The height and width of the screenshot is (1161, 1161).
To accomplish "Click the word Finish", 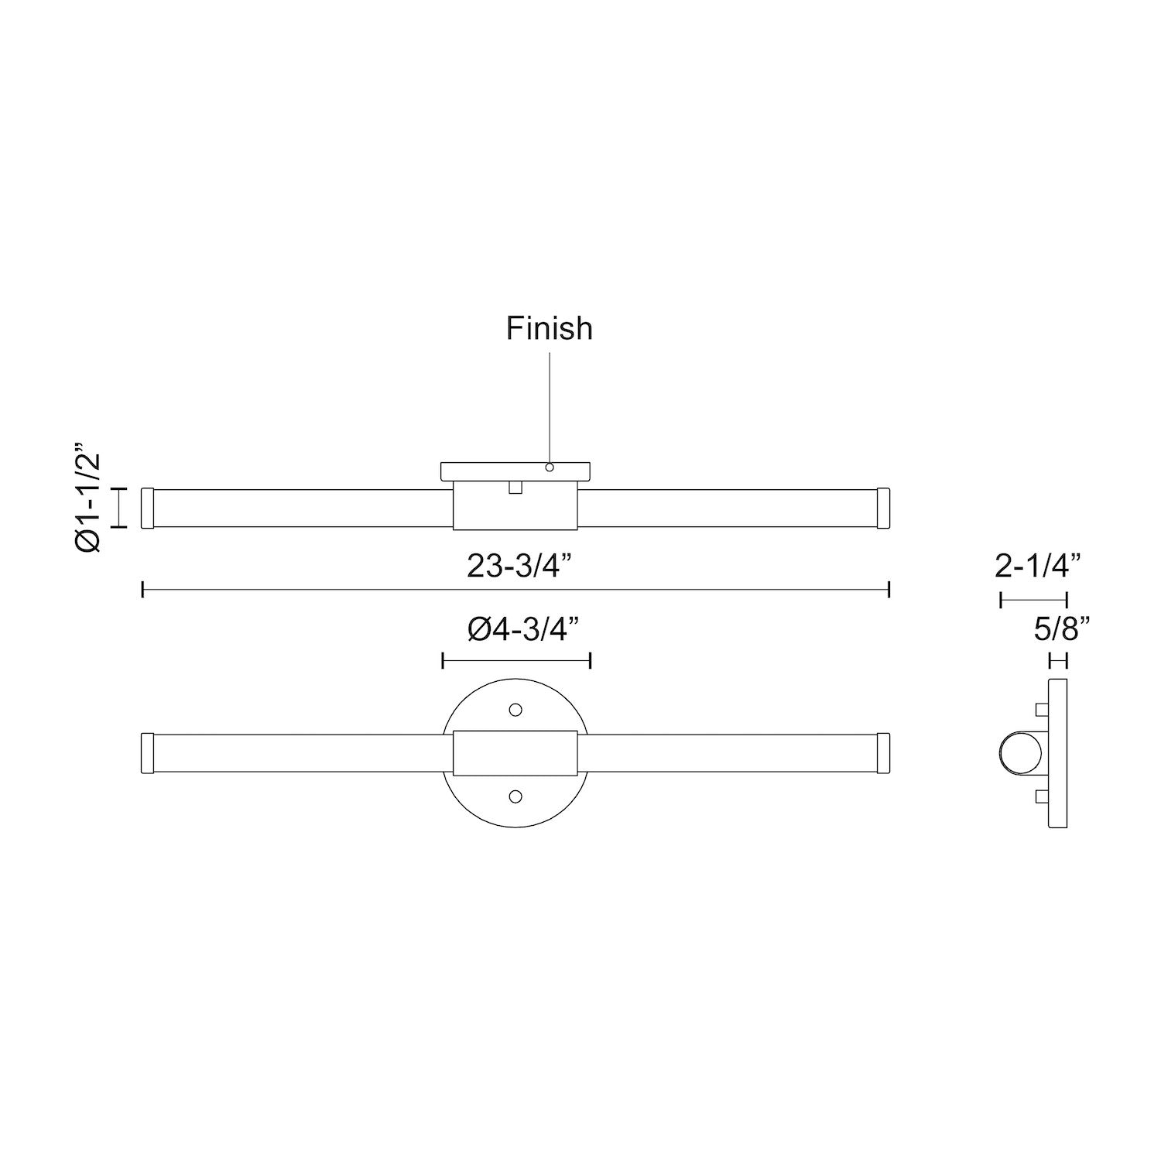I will point(550,328).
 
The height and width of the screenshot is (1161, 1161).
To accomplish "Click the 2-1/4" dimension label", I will point(1037,567).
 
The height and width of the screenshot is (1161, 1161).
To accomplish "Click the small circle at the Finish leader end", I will point(550,467).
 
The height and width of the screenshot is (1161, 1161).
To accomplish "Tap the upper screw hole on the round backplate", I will point(515,709).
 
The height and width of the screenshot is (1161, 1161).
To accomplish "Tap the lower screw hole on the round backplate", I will point(515,796).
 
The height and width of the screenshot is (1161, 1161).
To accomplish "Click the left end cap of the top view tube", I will point(149,508).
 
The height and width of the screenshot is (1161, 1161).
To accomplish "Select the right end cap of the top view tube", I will point(883,508).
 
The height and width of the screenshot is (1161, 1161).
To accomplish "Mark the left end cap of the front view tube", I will point(149,752).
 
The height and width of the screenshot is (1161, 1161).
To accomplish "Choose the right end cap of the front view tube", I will point(883,752).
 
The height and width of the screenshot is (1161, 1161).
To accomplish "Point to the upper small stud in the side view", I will point(1042,710).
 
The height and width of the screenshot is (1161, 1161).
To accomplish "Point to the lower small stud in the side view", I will point(1042,797).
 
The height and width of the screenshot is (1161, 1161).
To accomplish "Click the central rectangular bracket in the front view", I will point(515,752).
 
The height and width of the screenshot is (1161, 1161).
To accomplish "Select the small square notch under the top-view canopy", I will point(515,487).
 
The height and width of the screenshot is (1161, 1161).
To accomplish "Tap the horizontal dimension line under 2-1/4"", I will point(1034,599).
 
